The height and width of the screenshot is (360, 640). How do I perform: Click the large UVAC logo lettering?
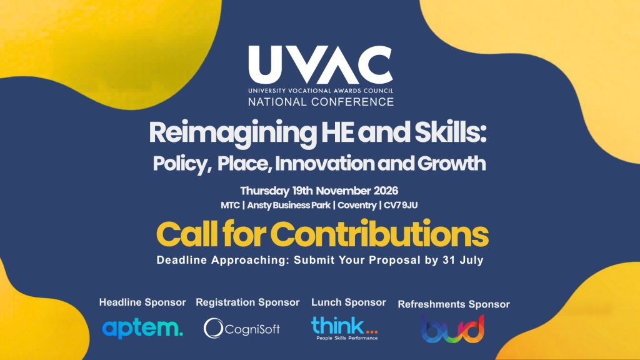pyautogui.click(x=321, y=64)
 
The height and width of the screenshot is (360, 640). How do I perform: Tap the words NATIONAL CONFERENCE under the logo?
pyautogui.click(x=321, y=102)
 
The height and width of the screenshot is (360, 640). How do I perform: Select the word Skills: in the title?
pyautogui.click(x=451, y=132)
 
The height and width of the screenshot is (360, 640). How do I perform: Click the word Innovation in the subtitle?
pyautogui.click(x=324, y=163)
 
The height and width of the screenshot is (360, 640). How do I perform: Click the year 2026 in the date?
pyautogui.click(x=386, y=191)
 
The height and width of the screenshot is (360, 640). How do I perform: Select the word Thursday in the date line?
pyautogui.click(x=264, y=191)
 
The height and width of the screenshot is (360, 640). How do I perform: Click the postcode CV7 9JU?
pyautogui.click(x=401, y=205)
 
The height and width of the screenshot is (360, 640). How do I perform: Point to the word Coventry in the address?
pyautogui.click(x=357, y=205)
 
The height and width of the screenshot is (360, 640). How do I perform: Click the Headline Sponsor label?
pyautogui.click(x=142, y=302)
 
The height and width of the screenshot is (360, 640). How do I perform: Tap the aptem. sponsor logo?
pyautogui.click(x=142, y=329)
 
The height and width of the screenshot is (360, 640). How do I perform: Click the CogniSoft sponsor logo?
pyautogui.click(x=242, y=328)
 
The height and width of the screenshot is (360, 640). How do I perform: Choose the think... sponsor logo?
pyautogui.click(x=344, y=327)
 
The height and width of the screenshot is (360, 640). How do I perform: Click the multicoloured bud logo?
pyautogui.click(x=452, y=329)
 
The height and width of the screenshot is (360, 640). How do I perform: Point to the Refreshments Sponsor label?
pyautogui.click(x=454, y=304)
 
